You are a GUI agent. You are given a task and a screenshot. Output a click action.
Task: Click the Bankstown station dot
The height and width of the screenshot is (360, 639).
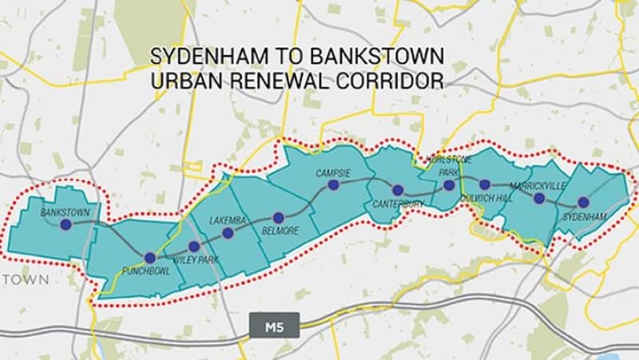click(65, 225)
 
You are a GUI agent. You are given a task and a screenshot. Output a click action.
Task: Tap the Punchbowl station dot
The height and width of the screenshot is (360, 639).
click(150, 258)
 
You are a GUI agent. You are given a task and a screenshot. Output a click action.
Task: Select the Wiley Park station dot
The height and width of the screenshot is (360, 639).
click(193, 247)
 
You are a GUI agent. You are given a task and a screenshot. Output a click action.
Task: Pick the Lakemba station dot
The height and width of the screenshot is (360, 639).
click(228, 233)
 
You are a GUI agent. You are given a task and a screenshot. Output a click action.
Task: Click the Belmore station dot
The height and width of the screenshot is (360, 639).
click(279, 217)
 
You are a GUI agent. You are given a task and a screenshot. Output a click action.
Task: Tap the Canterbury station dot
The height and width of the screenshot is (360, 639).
click(398, 190)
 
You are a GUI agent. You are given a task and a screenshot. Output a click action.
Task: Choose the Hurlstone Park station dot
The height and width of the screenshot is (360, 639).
click(449, 185)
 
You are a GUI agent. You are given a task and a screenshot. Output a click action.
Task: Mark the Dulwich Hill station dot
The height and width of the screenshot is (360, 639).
click(485, 184)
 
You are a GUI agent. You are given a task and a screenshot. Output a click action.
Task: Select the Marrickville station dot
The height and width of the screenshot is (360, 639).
click(539, 198)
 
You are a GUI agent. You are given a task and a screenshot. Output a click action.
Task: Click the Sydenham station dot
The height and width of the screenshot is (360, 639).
click(583, 202)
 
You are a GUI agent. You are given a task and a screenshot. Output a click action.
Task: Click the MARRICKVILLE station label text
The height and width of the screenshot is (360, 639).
click(537, 185)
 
